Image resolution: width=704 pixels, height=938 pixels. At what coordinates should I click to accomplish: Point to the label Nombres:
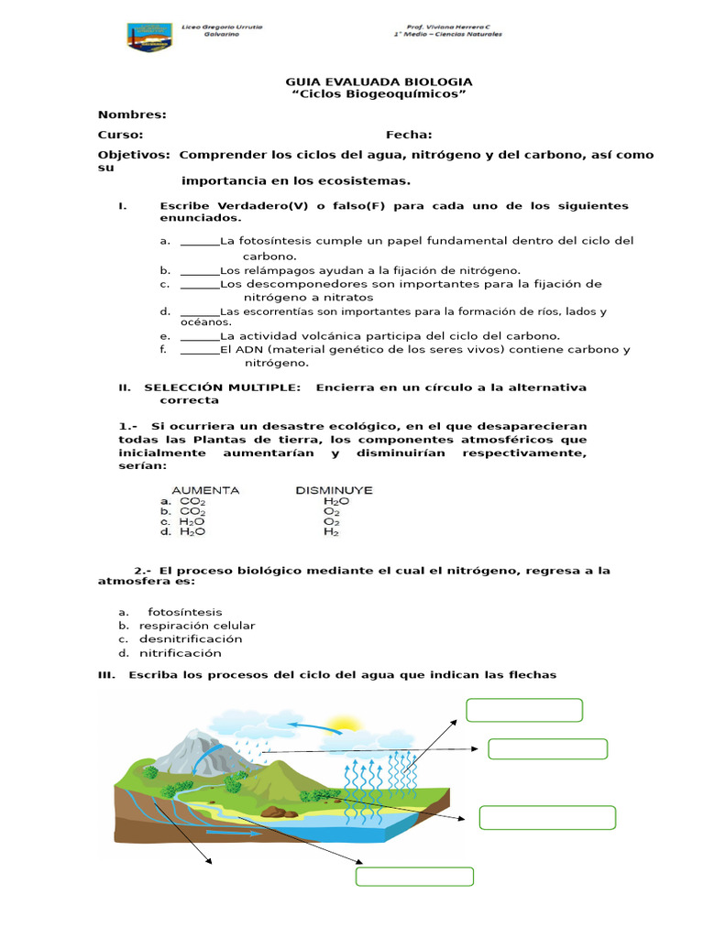pyautogui.click(x=132, y=115)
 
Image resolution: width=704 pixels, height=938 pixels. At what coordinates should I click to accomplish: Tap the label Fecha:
pyautogui.click(x=409, y=135)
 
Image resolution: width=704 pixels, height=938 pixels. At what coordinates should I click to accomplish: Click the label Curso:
pyautogui.click(x=120, y=135)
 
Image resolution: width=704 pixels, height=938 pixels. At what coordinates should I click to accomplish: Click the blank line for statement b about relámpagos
pyautogui.click(x=200, y=271)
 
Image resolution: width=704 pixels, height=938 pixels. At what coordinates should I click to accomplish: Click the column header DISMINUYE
pyautogui.click(x=334, y=490)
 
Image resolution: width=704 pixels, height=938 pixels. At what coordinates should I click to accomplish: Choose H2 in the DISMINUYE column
pyautogui.click(x=331, y=531)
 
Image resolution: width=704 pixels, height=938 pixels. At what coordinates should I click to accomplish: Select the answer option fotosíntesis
pyautogui.click(x=184, y=612)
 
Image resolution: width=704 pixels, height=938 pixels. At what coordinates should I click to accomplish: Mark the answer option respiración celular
pyautogui.click(x=197, y=626)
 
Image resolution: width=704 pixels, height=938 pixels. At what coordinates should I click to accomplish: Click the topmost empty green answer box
pyautogui.click(x=524, y=710)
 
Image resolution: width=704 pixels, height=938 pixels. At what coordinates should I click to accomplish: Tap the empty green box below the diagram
pyautogui.click(x=414, y=877)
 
